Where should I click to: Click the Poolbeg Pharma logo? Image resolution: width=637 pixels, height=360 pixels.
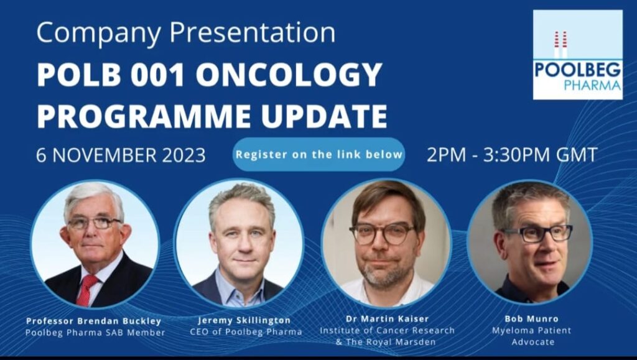click(578, 55)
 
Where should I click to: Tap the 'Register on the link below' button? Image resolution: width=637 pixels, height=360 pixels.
click(319, 155)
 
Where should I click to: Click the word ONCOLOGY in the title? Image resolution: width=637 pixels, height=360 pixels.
click(289, 75)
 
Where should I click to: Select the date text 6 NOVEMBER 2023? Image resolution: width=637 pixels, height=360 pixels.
click(121, 155)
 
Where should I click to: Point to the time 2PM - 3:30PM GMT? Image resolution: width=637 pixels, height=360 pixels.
click(512, 155)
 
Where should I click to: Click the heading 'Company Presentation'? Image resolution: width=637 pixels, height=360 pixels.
click(186, 33)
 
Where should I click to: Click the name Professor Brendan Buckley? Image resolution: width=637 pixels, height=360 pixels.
click(94, 321)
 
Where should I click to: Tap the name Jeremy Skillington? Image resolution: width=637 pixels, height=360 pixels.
click(244, 320)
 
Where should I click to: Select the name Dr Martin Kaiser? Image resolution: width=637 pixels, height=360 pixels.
click(387, 318)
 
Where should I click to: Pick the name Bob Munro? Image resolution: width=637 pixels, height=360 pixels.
click(531, 318)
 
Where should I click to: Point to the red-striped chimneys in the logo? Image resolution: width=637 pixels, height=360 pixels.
click(560, 45)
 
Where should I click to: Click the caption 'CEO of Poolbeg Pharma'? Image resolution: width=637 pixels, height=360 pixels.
click(246, 332)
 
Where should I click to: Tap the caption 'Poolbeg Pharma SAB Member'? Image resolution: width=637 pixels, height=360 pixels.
click(95, 333)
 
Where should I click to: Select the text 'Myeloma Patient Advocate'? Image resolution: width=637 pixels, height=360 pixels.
click(532, 336)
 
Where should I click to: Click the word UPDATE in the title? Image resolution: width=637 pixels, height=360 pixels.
click(323, 116)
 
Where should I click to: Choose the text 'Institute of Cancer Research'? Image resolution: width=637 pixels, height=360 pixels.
click(387, 330)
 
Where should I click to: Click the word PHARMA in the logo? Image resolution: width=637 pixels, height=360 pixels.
click(592, 85)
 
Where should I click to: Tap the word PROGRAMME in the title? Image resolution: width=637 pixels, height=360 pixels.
click(144, 116)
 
